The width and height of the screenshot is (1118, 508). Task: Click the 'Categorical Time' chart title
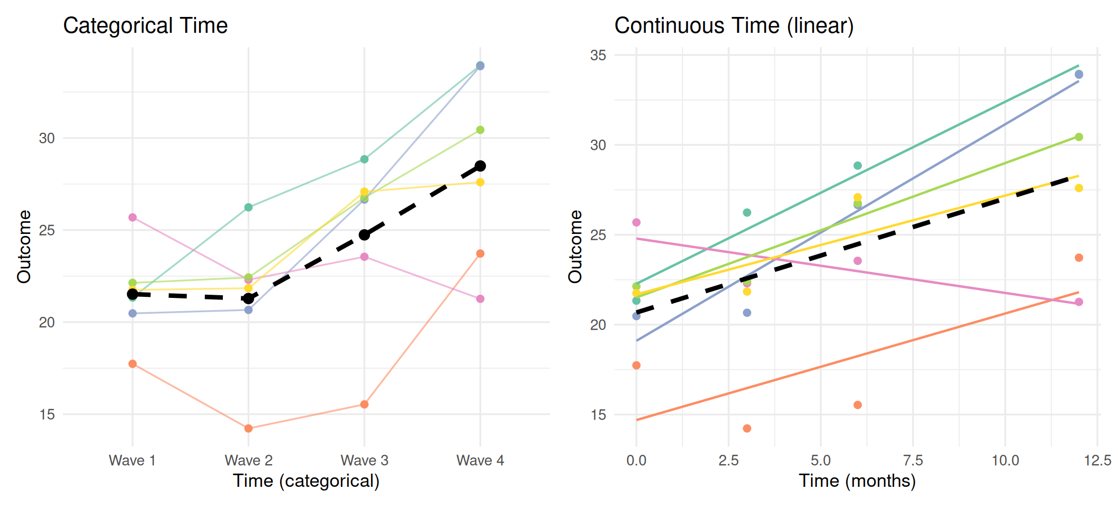click(x=146, y=25)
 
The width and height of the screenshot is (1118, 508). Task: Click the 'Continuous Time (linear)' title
click(x=734, y=25)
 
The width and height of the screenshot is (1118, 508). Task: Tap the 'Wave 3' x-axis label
click(x=364, y=460)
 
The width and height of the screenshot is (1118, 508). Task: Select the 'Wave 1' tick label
click(x=132, y=460)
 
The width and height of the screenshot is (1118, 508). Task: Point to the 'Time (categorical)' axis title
click(x=306, y=481)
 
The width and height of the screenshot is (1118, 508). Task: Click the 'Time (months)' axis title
click(x=857, y=481)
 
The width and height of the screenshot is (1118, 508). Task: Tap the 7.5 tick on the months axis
click(x=913, y=460)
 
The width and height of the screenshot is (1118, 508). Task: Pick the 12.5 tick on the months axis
click(x=1097, y=460)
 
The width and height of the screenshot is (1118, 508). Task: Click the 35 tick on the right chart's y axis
click(x=598, y=55)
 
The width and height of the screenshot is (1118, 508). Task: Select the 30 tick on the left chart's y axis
click(x=47, y=138)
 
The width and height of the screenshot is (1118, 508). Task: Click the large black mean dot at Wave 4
click(x=480, y=166)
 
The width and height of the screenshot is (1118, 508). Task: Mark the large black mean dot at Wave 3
click(x=364, y=234)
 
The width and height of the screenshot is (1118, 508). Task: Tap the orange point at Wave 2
click(x=248, y=428)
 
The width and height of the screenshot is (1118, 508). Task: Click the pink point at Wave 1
click(x=132, y=217)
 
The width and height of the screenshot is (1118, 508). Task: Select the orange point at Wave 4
click(x=480, y=253)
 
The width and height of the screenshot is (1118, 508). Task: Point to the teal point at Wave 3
click(x=364, y=159)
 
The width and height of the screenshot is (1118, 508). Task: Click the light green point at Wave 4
click(x=480, y=130)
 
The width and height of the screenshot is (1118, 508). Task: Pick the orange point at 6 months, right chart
click(x=858, y=405)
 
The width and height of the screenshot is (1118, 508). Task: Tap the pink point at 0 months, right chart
click(x=636, y=222)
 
